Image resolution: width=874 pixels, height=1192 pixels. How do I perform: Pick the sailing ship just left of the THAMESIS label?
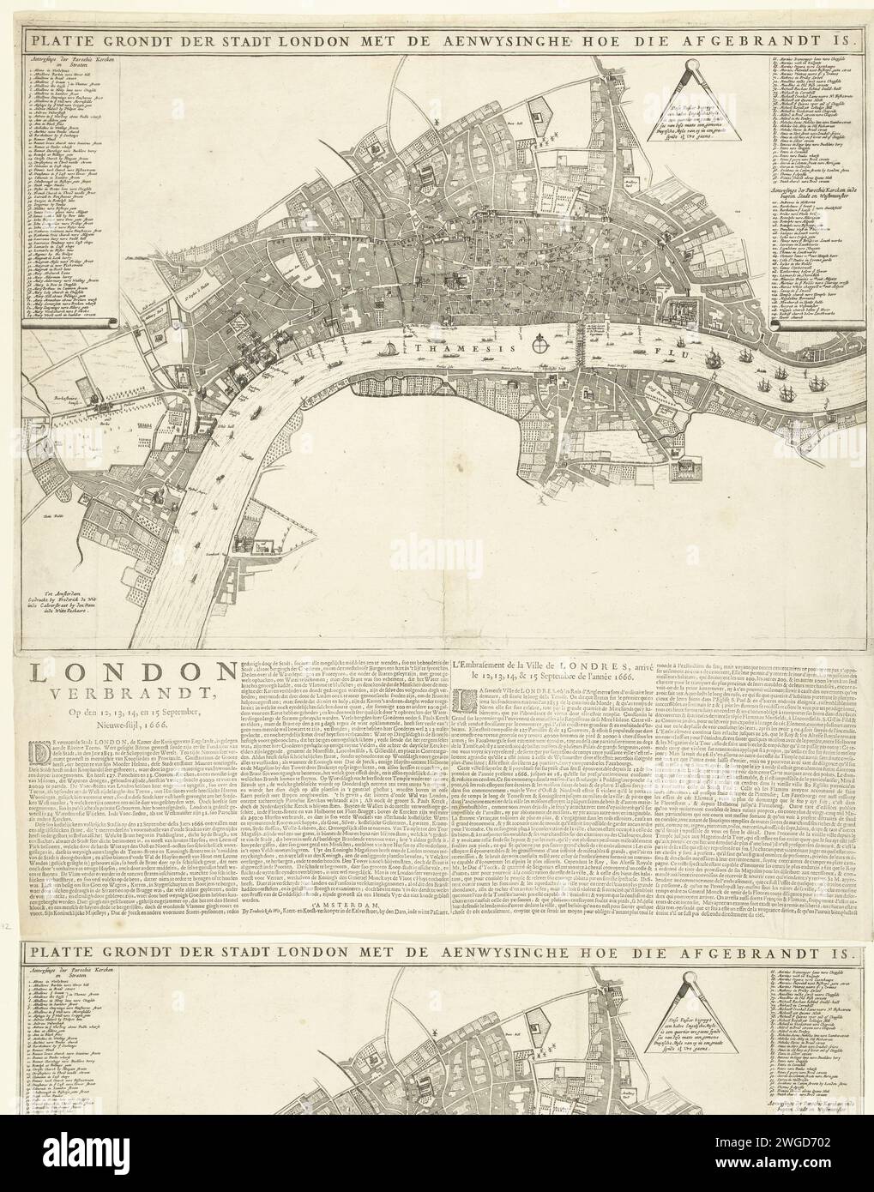click(x=390, y=349)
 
